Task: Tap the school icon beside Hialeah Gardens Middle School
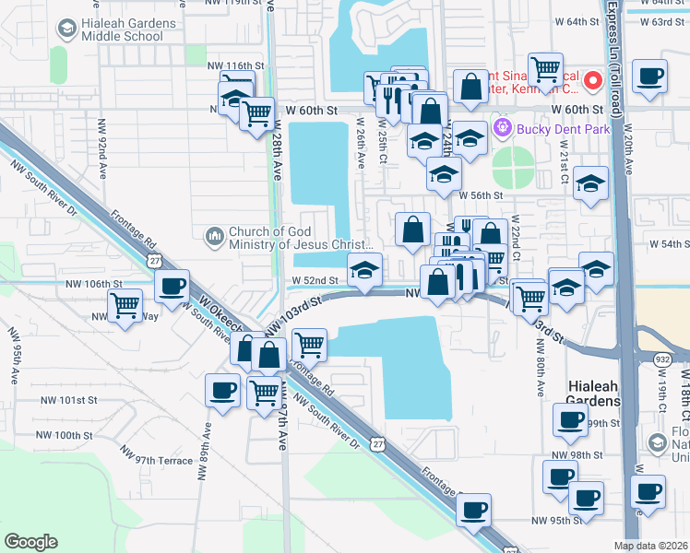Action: point(66,29)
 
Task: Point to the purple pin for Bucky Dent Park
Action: point(503,127)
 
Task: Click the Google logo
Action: point(30,542)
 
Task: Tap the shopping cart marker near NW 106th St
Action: point(124,305)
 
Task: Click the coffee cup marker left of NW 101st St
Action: point(221,391)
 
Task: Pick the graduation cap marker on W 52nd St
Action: point(365,271)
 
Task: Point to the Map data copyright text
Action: point(651,546)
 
